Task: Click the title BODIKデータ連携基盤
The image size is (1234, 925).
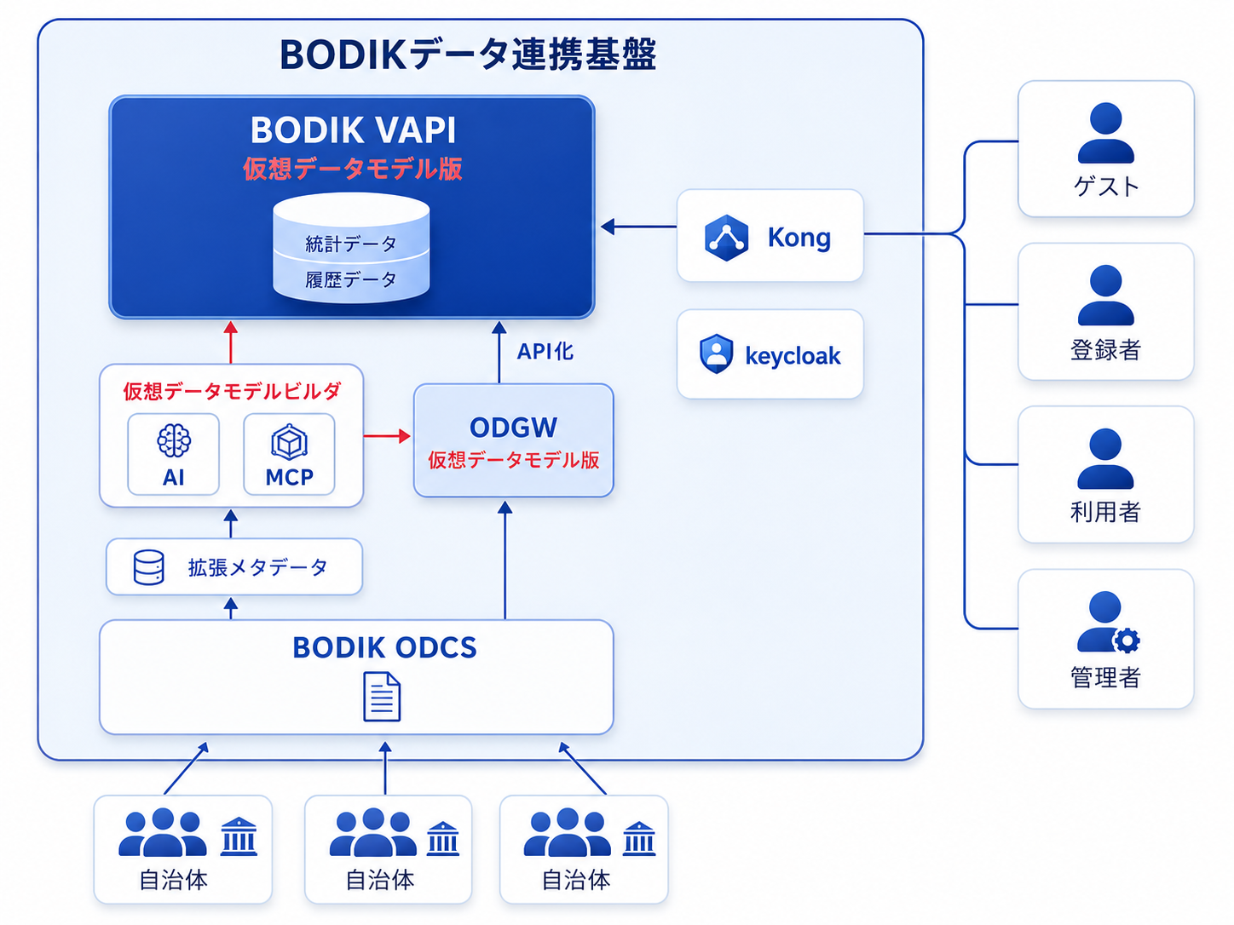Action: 468,55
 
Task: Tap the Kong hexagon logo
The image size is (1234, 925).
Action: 726,238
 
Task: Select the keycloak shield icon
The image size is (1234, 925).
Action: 716,353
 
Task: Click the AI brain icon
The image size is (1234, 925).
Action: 174,440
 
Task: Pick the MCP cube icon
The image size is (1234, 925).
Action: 289,441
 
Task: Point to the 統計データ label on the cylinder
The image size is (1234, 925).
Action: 351,244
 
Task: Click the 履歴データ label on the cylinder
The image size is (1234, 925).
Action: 351,279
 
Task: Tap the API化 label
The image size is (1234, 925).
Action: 545,352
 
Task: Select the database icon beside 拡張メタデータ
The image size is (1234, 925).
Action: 148,567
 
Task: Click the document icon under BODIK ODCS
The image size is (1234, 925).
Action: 382,697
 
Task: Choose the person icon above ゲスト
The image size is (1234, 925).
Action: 1105,133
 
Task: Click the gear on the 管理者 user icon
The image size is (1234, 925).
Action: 1127,641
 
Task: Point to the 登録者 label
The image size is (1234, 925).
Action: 1105,350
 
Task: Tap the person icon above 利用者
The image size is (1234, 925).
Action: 1105,459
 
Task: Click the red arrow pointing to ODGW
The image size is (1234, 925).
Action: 388,436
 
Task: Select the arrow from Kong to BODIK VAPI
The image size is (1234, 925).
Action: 638,227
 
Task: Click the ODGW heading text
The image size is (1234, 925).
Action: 513,428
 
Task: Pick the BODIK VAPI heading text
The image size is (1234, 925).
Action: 353,129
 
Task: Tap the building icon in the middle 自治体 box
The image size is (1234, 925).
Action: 442,839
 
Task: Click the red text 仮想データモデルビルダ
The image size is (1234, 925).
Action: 232,392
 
